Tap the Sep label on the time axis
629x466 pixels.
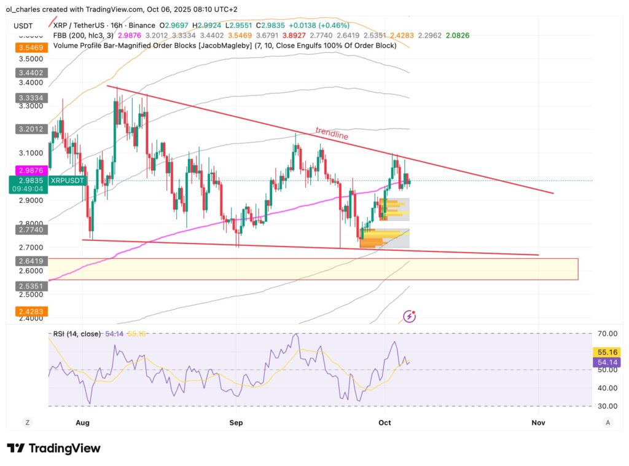coord(236,422)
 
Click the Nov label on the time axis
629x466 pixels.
coord(538,422)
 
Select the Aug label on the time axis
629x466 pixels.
coord(83,422)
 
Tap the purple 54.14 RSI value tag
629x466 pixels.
coord(607,363)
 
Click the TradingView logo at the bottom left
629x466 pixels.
coord(53,448)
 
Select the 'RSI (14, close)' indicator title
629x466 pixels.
coord(77,333)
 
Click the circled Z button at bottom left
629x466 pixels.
coord(27,422)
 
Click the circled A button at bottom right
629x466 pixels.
coord(608,422)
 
